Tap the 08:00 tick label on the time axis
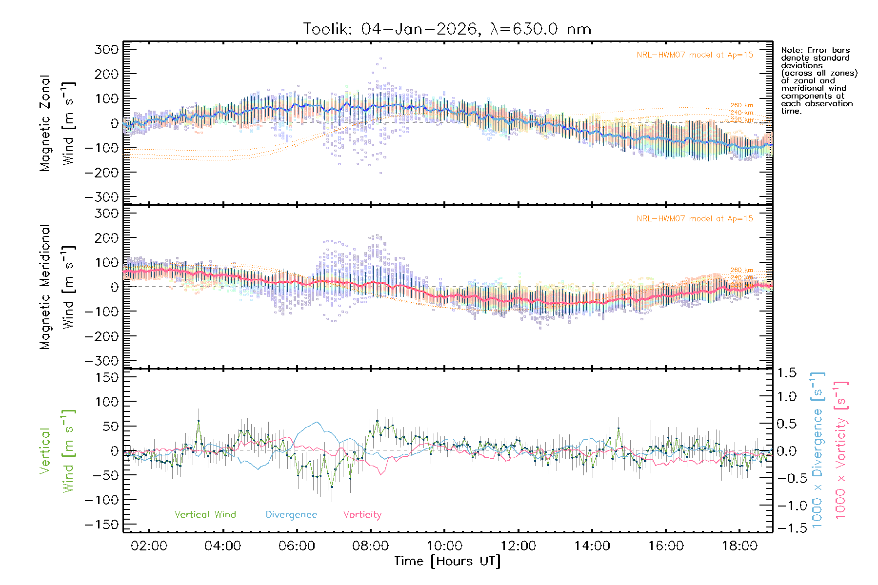click(x=370, y=546)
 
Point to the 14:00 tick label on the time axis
click(x=592, y=546)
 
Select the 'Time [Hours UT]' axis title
click(x=447, y=561)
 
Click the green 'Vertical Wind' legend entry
click(x=205, y=515)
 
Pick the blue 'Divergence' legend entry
click(x=291, y=515)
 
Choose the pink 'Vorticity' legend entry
click(x=362, y=515)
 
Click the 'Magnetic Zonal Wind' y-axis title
click(x=58, y=123)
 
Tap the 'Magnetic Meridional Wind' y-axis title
click(x=58, y=287)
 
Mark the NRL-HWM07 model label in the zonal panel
click(x=695, y=55)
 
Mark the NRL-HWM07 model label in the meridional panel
click(x=695, y=219)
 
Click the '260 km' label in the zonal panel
click(x=741, y=105)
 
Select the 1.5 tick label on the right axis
click(x=787, y=373)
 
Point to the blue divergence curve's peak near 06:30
click(x=318, y=422)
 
